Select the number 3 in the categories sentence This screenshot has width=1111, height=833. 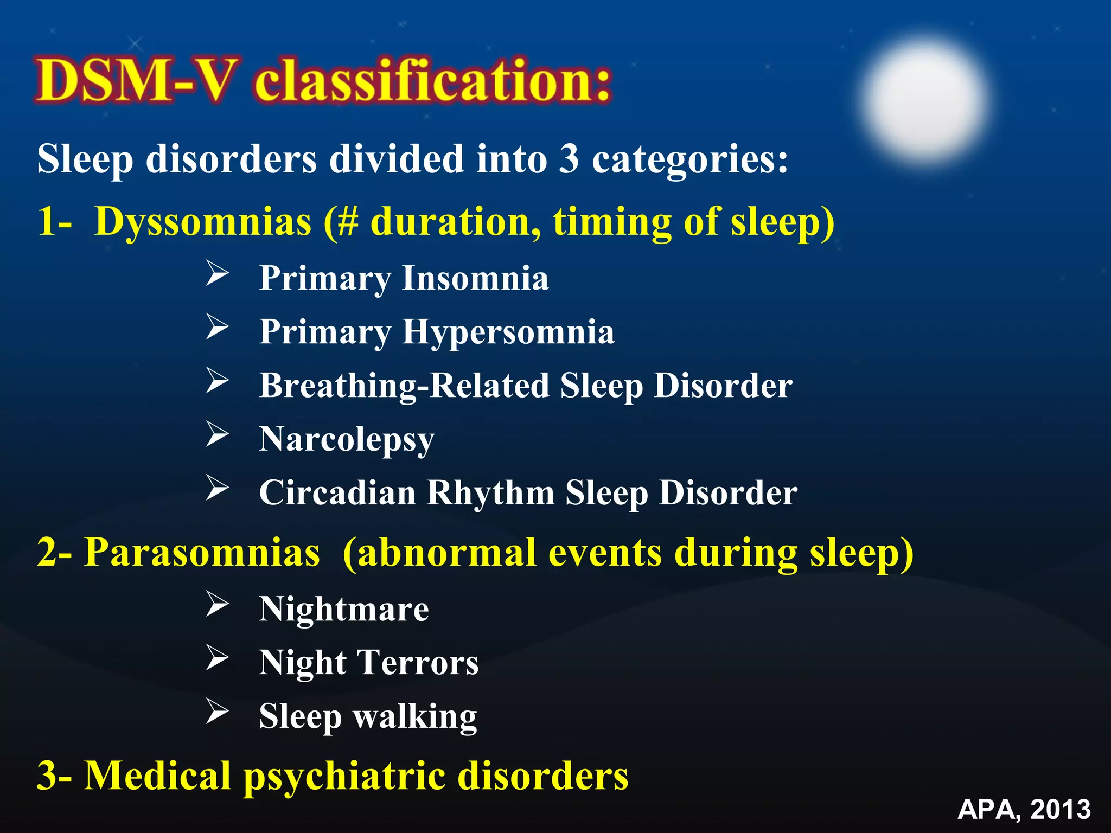tap(569, 159)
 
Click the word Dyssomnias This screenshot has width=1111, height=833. tap(203, 222)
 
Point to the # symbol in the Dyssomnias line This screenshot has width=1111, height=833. tap(347, 222)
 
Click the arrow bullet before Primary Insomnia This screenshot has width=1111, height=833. tap(217, 273)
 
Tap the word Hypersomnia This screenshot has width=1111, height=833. tap(508, 332)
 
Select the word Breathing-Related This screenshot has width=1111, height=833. tap(404, 386)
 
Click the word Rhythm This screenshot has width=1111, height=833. tap(490, 494)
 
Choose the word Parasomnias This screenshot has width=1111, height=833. tap(202, 553)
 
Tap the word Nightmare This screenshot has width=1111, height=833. tap(344, 610)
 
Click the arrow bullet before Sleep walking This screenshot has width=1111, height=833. tap(217, 712)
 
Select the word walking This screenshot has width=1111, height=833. tap(415, 717)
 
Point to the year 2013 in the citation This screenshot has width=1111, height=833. tap(1060, 810)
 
